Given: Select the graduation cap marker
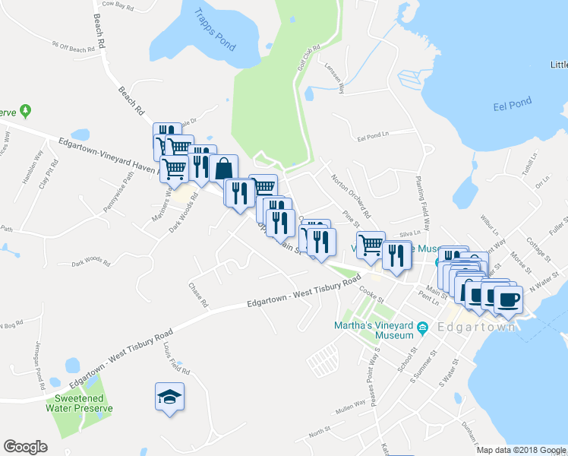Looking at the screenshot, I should [170, 396].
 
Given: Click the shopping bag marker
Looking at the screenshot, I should [224, 169].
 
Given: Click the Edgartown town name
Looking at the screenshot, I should [476, 328].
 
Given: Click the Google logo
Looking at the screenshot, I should [25, 447].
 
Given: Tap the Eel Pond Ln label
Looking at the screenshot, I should [373, 138].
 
